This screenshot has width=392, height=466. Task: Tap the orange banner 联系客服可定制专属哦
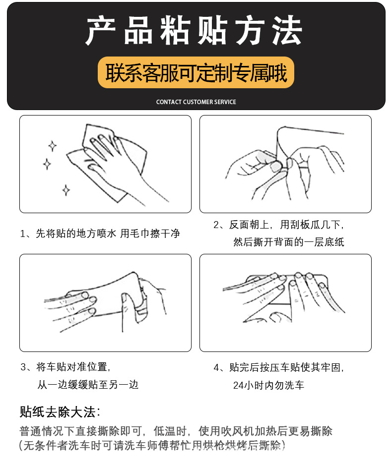(196, 73)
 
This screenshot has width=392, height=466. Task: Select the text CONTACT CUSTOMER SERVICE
(196, 102)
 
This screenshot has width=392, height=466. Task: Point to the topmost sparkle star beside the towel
(52, 146)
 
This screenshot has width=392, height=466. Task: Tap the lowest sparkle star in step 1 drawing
(65, 190)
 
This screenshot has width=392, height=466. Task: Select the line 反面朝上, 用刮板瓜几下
(278, 225)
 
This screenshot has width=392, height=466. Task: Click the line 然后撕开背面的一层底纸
(288, 242)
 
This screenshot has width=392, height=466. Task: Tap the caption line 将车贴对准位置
(65, 367)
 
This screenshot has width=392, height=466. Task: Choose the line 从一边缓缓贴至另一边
(88, 384)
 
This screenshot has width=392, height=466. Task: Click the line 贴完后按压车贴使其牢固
(278, 367)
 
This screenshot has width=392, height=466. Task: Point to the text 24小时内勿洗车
(268, 385)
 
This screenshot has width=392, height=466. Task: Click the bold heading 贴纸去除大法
(60, 411)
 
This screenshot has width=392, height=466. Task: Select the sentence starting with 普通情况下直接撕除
(176, 430)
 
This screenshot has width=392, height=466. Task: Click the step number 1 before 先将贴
(23, 233)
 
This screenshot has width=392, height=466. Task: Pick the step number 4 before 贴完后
(216, 368)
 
